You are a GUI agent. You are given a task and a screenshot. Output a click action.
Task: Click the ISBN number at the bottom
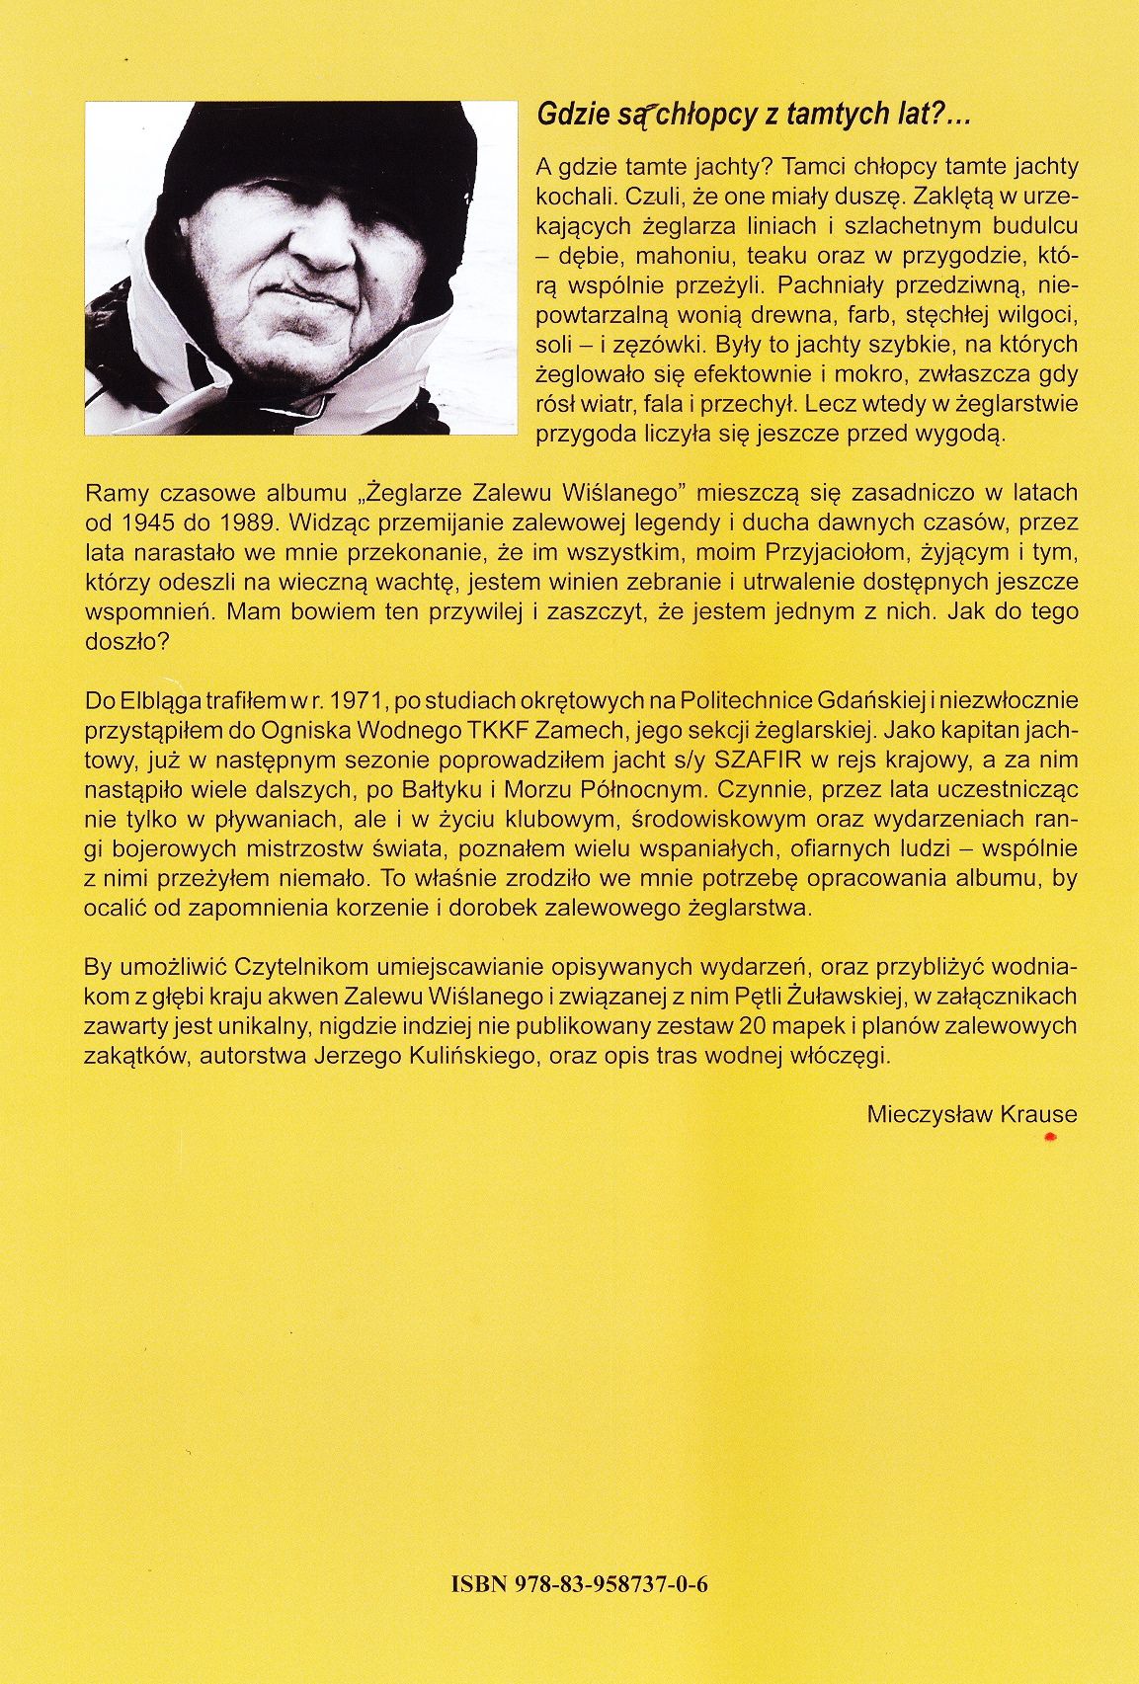[x=580, y=1585]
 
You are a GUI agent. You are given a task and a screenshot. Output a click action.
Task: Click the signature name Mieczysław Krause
[x=971, y=1114]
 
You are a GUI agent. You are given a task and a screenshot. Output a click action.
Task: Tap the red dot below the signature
[x=1050, y=1139]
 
